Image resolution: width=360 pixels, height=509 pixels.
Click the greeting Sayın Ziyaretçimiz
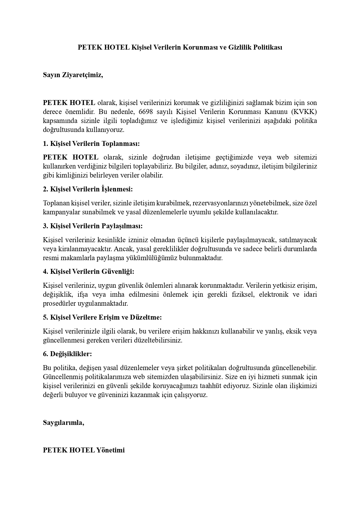click(x=73, y=75)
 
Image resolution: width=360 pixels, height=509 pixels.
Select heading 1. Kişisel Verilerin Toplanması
click(x=91, y=144)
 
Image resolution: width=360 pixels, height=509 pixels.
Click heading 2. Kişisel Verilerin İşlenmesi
click(x=88, y=189)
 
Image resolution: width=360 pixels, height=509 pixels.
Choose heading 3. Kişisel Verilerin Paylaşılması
click(x=93, y=226)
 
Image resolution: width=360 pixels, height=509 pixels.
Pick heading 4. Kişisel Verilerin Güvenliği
click(x=89, y=272)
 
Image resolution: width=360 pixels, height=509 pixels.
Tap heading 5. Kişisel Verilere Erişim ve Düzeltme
click(x=102, y=317)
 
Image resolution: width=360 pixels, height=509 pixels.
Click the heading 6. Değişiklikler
click(x=67, y=354)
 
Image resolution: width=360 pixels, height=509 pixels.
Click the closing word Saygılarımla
click(x=64, y=423)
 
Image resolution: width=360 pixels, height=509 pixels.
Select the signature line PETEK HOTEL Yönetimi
click(x=84, y=450)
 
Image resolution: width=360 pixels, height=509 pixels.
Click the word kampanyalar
click(x=59, y=212)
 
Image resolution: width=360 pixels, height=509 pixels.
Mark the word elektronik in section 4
click(x=274, y=295)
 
